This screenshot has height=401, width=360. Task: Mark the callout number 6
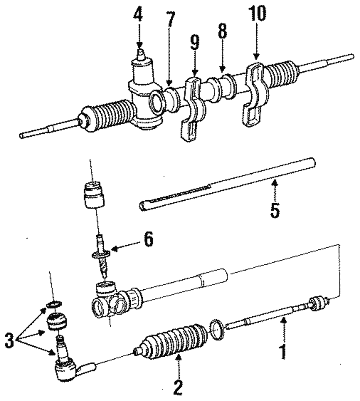pos(148,239)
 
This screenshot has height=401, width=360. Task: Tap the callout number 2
pos(177,387)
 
